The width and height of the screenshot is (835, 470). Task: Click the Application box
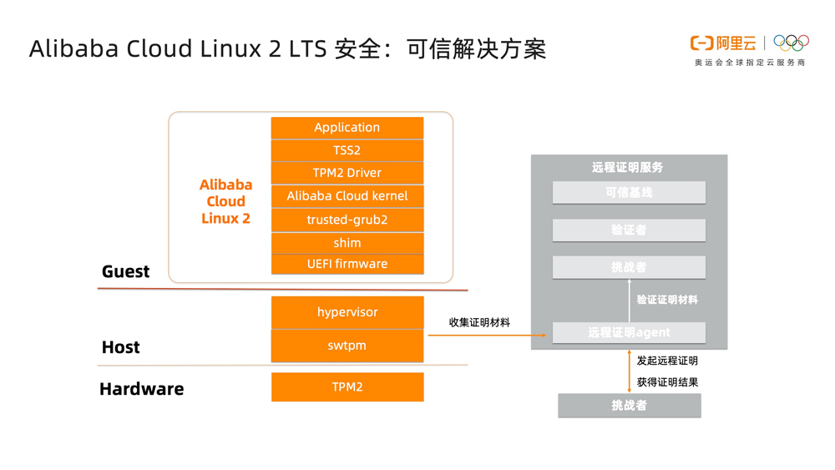tap(347, 128)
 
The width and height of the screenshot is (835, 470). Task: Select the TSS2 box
tap(347, 150)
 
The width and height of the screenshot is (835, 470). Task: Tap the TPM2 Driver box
tap(347, 173)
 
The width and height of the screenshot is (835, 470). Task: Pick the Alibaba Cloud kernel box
tap(347, 196)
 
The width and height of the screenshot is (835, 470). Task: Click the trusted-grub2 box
tap(347, 220)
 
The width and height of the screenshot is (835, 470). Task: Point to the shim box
tap(347, 243)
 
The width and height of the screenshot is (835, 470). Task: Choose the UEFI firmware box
tap(347, 264)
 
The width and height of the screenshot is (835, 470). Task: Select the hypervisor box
tap(347, 312)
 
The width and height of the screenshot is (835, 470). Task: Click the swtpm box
tap(347, 346)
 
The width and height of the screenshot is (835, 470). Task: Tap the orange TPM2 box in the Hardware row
tap(347, 387)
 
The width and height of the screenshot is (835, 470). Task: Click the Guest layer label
tap(125, 271)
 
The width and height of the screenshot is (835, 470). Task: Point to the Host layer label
tap(120, 347)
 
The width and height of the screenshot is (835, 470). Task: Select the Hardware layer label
tap(141, 389)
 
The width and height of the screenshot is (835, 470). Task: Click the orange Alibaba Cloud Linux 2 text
tap(225, 201)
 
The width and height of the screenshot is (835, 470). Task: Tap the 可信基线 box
tap(629, 193)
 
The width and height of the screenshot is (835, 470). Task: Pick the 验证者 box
tap(629, 230)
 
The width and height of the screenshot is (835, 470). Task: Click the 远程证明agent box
tap(629, 332)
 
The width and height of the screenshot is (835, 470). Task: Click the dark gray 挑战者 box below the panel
tap(629, 406)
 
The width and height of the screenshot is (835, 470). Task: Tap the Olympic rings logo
tap(791, 43)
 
